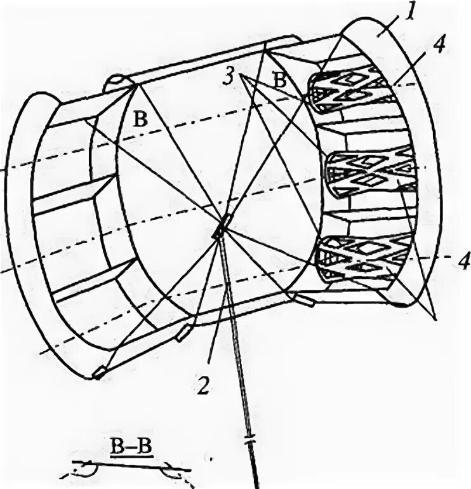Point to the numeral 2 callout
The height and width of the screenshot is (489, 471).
(x=202, y=384)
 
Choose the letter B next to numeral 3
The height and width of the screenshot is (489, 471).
(x=279, y=79)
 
